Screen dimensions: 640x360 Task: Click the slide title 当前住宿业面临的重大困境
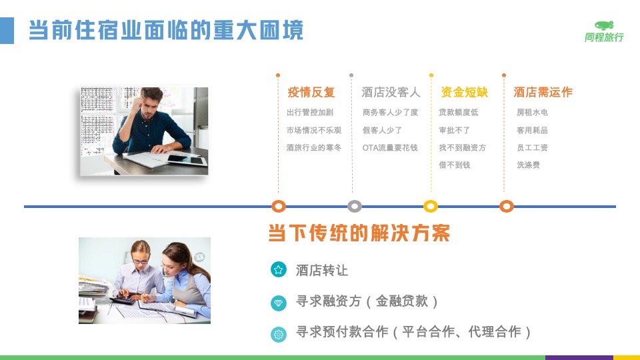point(166,30)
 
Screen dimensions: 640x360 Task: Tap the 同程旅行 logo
point(604,31)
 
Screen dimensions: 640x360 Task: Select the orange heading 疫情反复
point(311,92)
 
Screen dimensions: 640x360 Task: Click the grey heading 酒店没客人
point(391,92)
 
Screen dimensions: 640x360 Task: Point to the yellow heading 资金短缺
point(464,92)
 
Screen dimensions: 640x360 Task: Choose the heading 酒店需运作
point(543,92)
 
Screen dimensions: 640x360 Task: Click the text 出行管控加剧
point(310,112)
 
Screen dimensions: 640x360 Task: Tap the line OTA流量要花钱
point(390,148)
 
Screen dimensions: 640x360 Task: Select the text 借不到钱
point(454,165)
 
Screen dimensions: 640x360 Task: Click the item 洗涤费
point(528,165)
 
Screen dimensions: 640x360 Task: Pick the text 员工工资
point(532,148)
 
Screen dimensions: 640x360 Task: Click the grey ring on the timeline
point(354,201)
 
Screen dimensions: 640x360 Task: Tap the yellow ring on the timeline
point(431,201)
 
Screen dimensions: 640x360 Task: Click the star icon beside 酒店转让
point(279,269)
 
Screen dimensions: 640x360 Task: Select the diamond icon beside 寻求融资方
point(279,303)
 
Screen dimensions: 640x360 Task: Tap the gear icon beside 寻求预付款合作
point(279,334)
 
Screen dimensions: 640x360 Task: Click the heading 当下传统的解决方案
point(359,233)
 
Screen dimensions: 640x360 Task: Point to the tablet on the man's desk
point(187,159)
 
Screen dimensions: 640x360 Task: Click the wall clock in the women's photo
point(199,257)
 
